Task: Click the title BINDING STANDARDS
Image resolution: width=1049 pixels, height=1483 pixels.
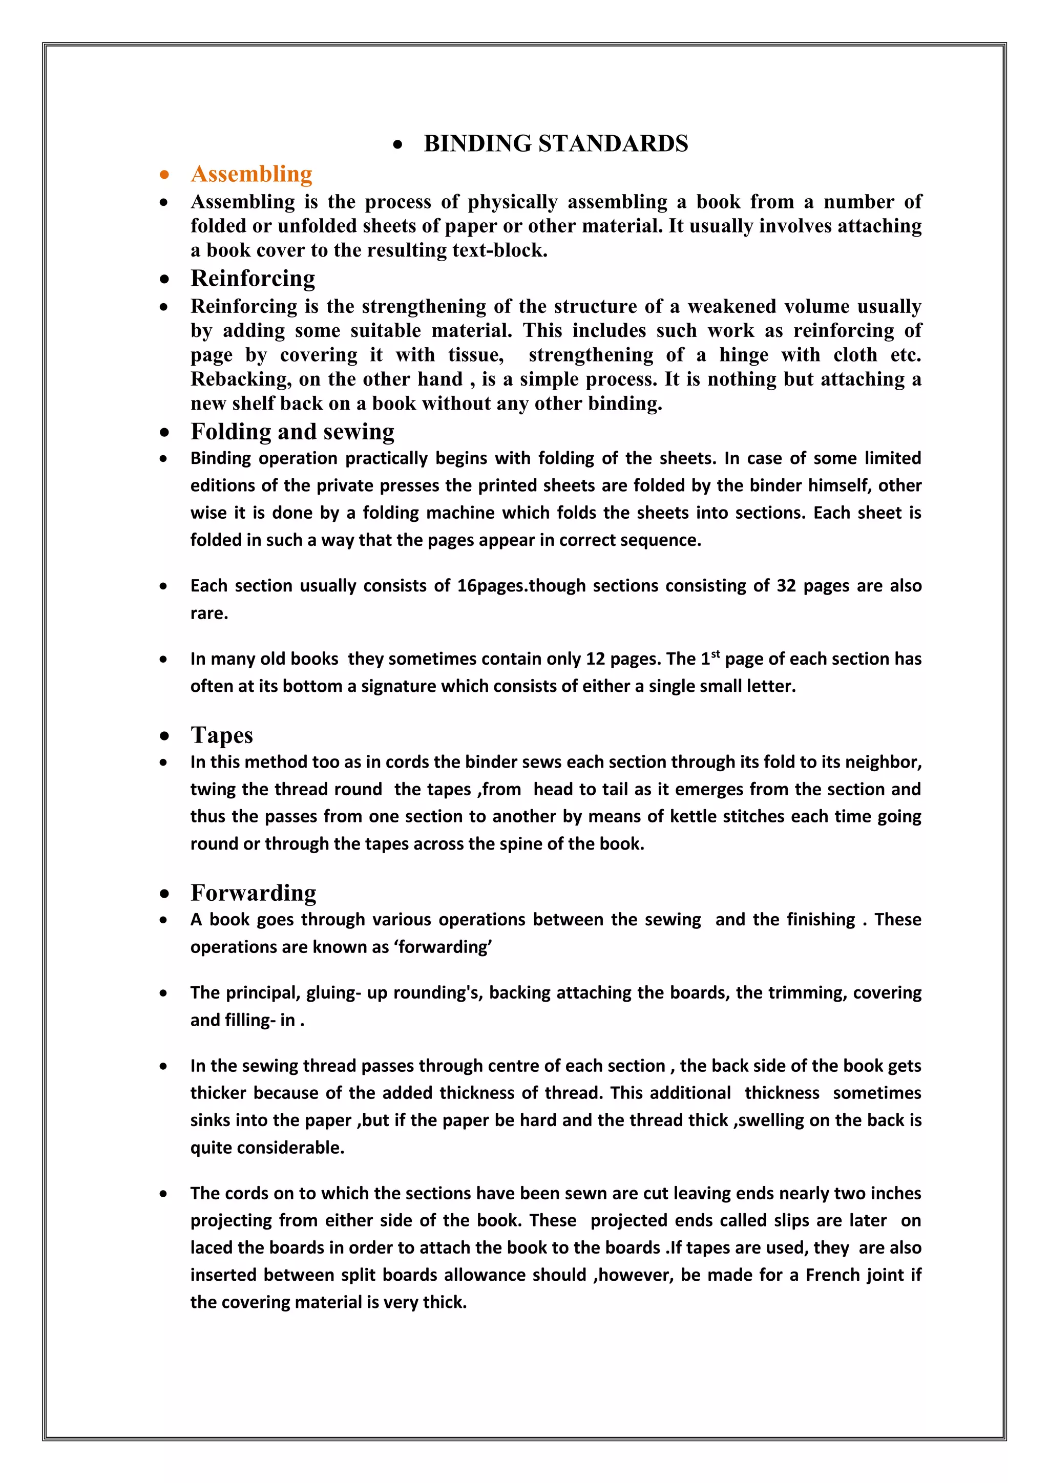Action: [556, 143]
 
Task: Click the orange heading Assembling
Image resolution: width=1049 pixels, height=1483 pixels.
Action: [251, 174]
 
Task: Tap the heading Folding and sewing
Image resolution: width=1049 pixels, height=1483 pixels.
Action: [292, 432]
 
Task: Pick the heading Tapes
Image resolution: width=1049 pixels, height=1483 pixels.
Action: [222, 735]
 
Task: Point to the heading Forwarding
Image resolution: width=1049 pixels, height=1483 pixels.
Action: [253, 893]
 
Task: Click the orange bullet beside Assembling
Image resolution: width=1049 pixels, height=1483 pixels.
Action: [165, 175]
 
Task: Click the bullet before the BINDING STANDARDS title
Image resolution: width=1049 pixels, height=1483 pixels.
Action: [398, 145]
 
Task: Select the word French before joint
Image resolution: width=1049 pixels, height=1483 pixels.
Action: [831, 1275]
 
